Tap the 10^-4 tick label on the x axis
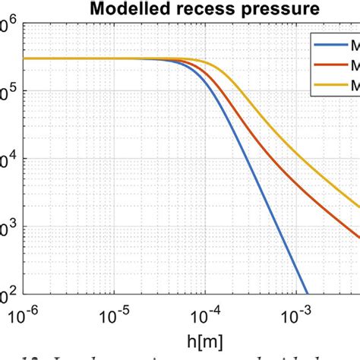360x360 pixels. (201, 311)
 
